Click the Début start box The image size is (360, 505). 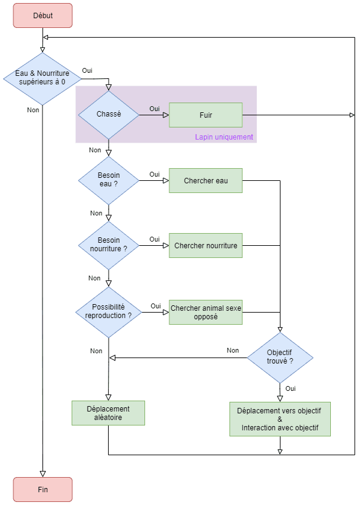tap(43, 15)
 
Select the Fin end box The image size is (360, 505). tap(43, 489)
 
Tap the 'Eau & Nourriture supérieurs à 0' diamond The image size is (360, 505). tap(42, 78)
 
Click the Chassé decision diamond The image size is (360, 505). tap(109, 115)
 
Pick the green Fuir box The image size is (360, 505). tap(206, 115)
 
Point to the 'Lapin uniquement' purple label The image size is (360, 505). tap(224, 137)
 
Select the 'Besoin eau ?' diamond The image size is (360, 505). tap(109, 180)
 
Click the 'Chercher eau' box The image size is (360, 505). tap(206, 180)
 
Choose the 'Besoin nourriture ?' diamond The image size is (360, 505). tap(109, 245)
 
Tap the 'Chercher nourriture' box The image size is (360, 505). tap(206, 245)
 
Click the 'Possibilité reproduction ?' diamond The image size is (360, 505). tap(109, 312)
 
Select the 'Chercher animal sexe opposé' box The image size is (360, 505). tap(206, 312)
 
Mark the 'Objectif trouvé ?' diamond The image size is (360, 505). tap(280, 358)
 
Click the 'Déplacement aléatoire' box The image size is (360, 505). tap(108, 413)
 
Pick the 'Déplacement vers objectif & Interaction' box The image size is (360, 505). tap(280, 419)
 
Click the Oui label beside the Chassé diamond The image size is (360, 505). tap(155, 109)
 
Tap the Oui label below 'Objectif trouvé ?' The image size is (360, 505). tap(290, 388)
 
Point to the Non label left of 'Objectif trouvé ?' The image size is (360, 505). tap(233, 350)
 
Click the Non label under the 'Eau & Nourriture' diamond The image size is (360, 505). tap(33, 110)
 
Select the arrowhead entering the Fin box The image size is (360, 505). tap(43, 474)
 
